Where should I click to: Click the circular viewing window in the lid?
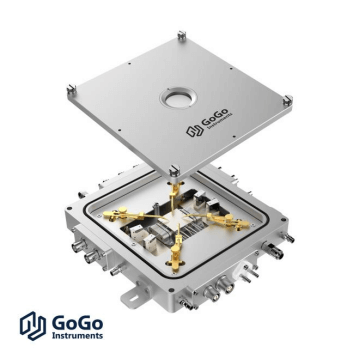[178, 98]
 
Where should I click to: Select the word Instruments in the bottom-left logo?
[77, 335]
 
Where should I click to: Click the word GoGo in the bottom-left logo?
[77, 322]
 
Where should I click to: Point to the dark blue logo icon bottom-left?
[33, 326]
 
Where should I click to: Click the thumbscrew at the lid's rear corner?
[181, 35]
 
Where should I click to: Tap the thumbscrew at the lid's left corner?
[71, 89]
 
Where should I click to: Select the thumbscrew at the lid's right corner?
[288, 100]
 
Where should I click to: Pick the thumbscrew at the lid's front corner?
[173, 171]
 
